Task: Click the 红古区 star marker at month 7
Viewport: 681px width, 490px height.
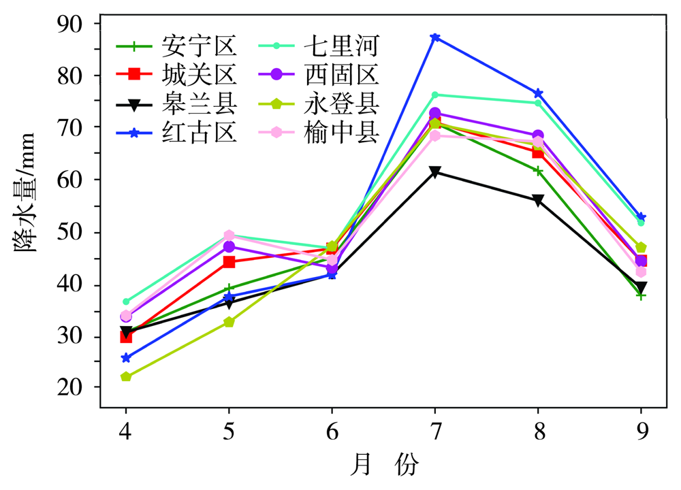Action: pyautogui.click(x=435, y=37)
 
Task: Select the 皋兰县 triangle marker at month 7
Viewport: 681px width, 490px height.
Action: pyautogui.click(x=435, y=172)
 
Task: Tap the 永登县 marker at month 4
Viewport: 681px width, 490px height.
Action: pyautogui.click(x=126, y=376)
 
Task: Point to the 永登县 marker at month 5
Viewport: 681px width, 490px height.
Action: pyautogui.click(x=229, y=322)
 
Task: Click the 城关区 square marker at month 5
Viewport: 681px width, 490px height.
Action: pyautogui.click(x=229, y=262)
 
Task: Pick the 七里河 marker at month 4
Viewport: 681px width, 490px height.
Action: pyautogui.click(x=126, y=301)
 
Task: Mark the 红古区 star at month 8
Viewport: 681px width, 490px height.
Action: pyautogui.click(x=538, y=93)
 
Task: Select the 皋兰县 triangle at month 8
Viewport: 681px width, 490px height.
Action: pyautogui.click(x=538, y=201)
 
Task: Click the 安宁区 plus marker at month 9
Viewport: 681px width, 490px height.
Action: pyautogui.click(x=641, y=295)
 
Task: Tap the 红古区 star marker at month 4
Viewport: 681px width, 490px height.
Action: pyautogui.click(x=126, y=358)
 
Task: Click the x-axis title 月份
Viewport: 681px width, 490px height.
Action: pyautogui.click(x=383, y=466)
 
